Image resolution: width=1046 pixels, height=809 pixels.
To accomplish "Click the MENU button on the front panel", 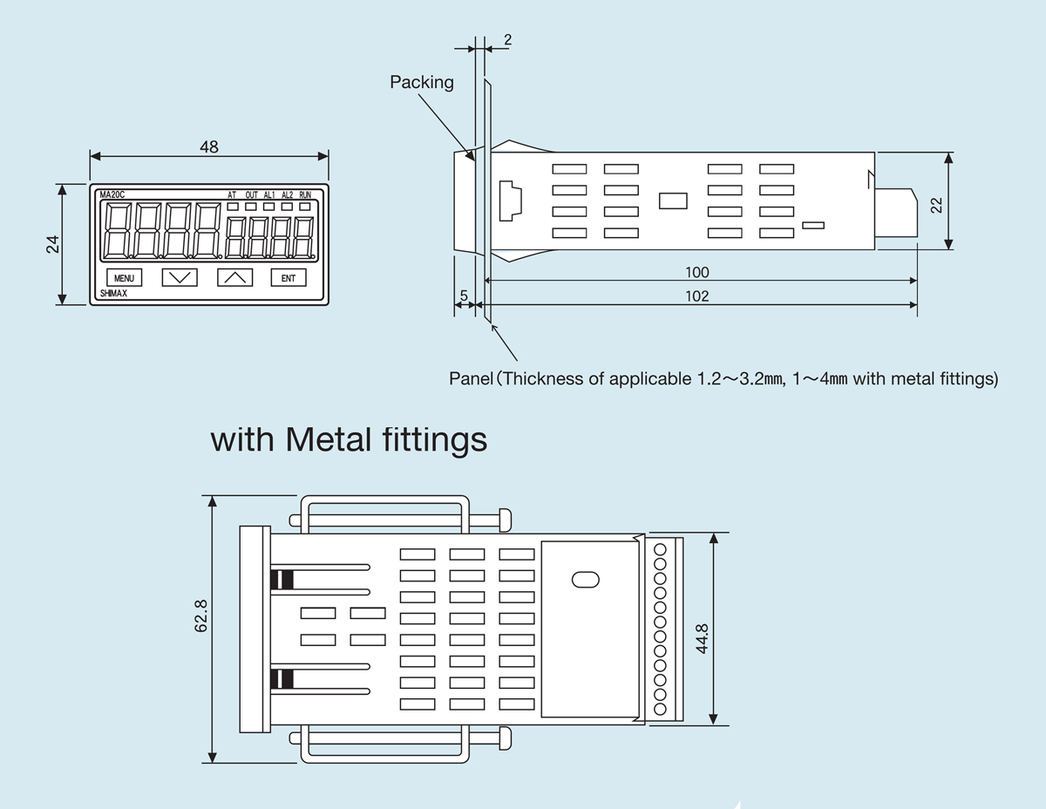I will [x=124, y=278].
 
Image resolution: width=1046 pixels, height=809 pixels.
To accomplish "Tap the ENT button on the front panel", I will [x=289, y=278].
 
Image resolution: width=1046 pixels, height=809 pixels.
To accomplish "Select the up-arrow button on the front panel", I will [x=234, y=278].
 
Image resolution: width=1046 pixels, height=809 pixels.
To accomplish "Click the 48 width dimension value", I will [x=209, y=147].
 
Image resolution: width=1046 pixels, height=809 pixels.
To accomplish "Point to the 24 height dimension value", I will [x=51, y=244].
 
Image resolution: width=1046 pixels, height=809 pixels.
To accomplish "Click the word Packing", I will [x=422, y=82].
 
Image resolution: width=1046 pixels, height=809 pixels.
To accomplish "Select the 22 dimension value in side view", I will [x=937, y=204].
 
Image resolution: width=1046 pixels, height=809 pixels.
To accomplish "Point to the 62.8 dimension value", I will [x=201, y=615].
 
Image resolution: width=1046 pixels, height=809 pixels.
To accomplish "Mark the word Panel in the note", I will [x=471, y=379].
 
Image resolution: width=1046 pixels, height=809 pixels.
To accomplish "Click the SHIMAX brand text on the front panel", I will [x=114, y=295].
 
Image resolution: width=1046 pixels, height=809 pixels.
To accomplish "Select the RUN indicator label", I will [x=305, y=194].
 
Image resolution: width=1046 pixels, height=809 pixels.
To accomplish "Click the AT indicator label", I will [x=232, y=194].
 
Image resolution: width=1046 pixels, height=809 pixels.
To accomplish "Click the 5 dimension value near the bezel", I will [x=464, y=296].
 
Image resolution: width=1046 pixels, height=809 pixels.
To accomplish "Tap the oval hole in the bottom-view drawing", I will [x=583, y=579].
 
